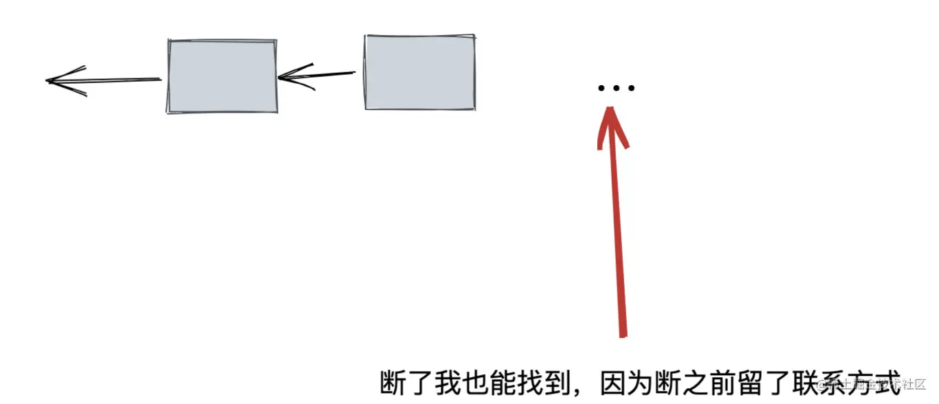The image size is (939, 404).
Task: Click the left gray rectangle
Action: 222,76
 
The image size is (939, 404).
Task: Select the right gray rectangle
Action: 419,72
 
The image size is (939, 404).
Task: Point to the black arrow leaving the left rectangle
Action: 103,80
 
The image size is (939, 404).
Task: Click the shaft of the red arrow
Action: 618,240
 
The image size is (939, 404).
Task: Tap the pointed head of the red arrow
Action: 612,124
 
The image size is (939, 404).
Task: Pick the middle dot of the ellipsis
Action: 617,88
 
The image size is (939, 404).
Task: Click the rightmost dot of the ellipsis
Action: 632,88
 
